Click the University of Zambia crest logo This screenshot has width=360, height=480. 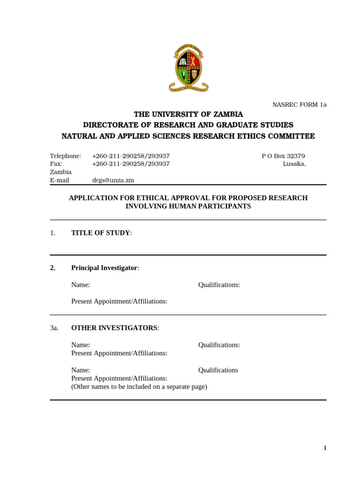pyautogui.click(x=188, y=68)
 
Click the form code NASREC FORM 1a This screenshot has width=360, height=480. pyautogui.click(x=299, y=105)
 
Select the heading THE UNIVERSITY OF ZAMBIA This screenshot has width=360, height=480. pyautogui.click(x=188, y=114)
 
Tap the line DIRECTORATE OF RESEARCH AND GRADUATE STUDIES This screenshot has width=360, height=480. pyautogui.click(x=188, y=125)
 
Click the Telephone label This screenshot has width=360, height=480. pyautogui.click(x=66, y=156)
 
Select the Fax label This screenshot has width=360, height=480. pyautogui.click(x=56, y=164)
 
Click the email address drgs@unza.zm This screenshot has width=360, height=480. pyautogui.click(x=113, y=180)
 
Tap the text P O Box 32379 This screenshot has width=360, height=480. pyautogui.click(x=283, y=156)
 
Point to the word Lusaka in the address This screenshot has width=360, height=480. pyautogui.click(x=294, y=164)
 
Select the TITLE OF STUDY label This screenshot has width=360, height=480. pyautogui.click(x=101, y=233)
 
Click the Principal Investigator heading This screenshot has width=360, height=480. pyautogui.click(x=105, y=268)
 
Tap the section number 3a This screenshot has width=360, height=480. pyautogui.click(x=54, y=328)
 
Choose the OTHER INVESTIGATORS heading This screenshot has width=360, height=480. pyautogui.click(x=114, y=328)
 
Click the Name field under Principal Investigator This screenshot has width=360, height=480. pyautogui.click(x=81, y=285)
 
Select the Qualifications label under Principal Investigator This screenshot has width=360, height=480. pyautogui.click(x=219, y=285)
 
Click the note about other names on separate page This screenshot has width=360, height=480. pyautogui.click(x=139, y=387)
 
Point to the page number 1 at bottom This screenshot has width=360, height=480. pyautogui.click(x=325, y=448)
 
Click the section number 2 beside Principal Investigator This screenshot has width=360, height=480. pyautogui.click(x=53, y=268)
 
